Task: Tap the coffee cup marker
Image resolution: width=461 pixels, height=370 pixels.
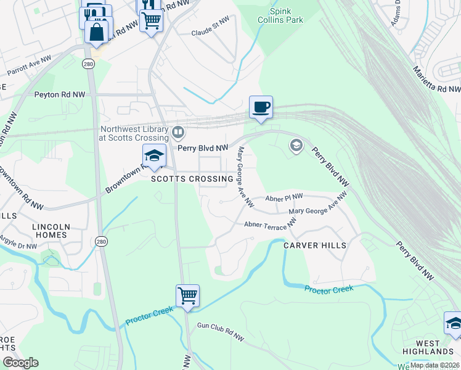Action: [261, 107]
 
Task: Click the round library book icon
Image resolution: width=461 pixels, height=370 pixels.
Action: [178, 132]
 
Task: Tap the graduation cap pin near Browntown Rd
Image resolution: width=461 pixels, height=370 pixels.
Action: [154, 156]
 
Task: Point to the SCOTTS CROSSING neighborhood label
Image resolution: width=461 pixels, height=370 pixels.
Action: [193, 179]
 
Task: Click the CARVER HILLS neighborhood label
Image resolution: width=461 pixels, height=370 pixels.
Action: [314, 245]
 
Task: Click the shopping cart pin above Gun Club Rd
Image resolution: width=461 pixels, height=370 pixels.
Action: [187, 295]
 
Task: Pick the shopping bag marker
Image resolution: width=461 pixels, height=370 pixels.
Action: [97, 31]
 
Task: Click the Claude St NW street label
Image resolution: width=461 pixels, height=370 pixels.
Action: [211, 32]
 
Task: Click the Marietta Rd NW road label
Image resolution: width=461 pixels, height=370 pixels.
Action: [436, 80]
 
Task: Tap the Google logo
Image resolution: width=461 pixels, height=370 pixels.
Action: [21, 362]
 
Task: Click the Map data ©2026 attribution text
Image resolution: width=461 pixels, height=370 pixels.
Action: [434, 365]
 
